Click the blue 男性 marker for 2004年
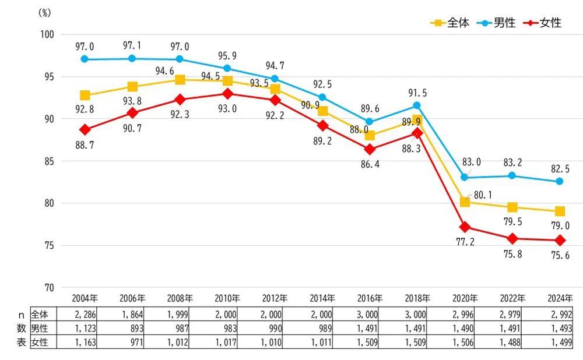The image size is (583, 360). [85, 59]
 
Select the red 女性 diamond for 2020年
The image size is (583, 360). [465, 227]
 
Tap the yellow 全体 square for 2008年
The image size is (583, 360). [180, 80]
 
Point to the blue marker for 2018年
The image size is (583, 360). [417, 105]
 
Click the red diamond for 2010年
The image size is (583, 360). [227, 94]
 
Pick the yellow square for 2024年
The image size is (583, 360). [560, 211]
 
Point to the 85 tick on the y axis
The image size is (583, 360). [48, 161]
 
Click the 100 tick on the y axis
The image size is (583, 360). [47, 34]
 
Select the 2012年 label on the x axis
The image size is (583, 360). [275, 298]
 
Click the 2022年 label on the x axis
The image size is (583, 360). [512, 298]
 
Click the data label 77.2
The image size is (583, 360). [465, 241]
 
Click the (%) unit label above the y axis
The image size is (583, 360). [45, 13]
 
